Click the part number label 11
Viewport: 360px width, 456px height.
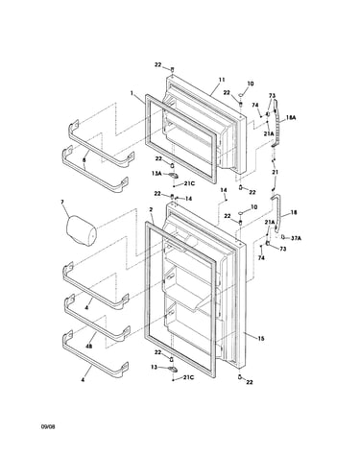[222, 80]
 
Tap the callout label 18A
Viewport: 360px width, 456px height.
[291, 118]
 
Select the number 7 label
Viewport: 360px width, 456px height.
[62, 202]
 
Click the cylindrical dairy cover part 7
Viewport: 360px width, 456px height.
[81, 228]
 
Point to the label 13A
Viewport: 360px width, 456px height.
[156, 174]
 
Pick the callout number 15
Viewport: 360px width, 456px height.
[261, 338]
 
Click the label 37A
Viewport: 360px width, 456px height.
[296, 238]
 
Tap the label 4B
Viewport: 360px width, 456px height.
[88, 346]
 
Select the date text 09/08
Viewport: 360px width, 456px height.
[48, 426]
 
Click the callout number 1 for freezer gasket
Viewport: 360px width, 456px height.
[132, 93]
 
